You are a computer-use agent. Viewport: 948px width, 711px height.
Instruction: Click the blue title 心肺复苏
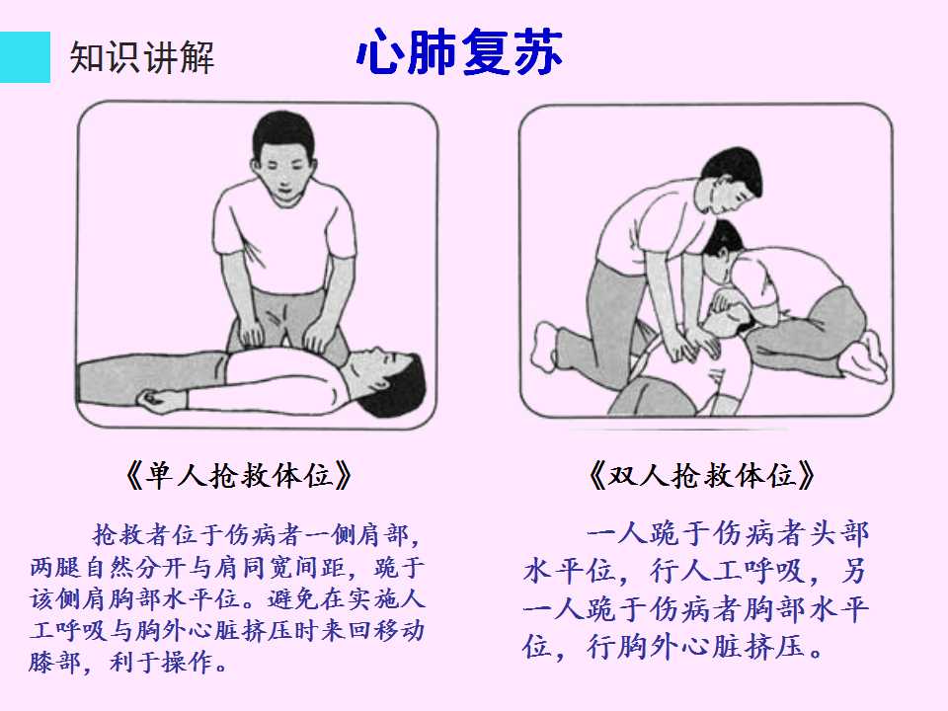pyautogui.click(x=459, y=52)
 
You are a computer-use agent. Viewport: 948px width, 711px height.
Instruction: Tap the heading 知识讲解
pyautogui.click(x=142, y=57)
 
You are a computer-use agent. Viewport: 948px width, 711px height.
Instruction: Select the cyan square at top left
pyautogui.click(x=25, y=57)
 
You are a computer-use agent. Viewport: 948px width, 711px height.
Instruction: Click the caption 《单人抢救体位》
pyautogui.click(x=239, y=475)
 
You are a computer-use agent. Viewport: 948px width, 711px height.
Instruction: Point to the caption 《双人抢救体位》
pyautogui.click(x=702, y=475)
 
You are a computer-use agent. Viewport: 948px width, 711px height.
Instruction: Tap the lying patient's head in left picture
pyautogui.click(x=387, y=381)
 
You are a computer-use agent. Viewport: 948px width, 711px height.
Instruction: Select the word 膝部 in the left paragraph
pyautogui.click(x=55, y=662)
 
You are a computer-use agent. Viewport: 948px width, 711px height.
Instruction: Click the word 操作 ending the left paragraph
pyautogui.click(x=187, y=662)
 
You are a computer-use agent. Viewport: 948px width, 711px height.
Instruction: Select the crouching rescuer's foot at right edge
pyautogui.click(x=865, y=359)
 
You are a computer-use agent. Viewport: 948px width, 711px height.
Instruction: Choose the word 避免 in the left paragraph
pyautogui.click(x=293, y=598)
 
